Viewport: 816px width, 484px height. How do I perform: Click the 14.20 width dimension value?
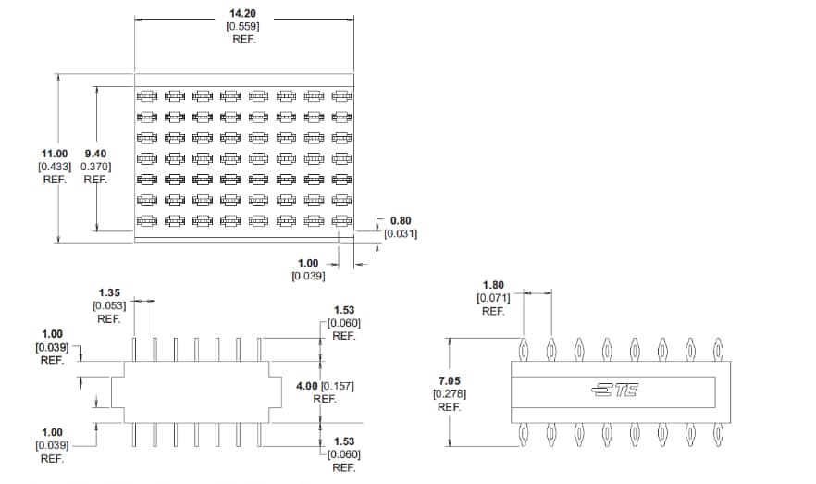coord(243,13)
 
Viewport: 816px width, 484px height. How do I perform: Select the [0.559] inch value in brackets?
coord(243,26)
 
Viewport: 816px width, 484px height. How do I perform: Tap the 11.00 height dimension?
coord(55,153)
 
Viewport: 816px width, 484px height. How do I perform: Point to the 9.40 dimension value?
coord(96,153)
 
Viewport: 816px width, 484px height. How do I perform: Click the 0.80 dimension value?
coord(402,220)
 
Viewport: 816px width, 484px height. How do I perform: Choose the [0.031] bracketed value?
coord(401,234)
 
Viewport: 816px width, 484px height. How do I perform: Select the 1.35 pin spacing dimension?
coord(110,292)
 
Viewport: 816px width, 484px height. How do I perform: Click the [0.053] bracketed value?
coord(109,305)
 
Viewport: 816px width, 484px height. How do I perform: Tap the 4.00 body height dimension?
coord(306,385)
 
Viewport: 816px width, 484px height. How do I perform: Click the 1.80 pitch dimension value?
coord(494,285)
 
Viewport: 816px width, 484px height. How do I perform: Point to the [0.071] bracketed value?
coord(493,298)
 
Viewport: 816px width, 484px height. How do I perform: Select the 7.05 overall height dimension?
coord(449,380)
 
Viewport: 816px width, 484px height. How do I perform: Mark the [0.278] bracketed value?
coord(449,393)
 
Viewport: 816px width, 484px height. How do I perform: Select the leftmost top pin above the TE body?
coord(524,350)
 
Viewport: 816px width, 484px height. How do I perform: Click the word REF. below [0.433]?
coord(55,180)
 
